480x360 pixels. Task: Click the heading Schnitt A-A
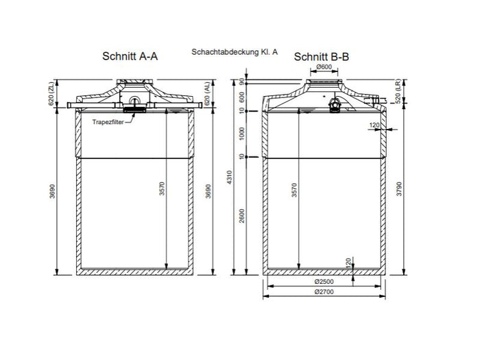[x=130, y=57]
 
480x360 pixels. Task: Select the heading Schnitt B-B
[x=322, y=57]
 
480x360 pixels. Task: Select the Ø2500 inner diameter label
[x=323, y=282]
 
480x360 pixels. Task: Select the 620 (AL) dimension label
[x=208, y=94]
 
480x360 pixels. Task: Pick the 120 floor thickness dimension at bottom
[x=349, y=263]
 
